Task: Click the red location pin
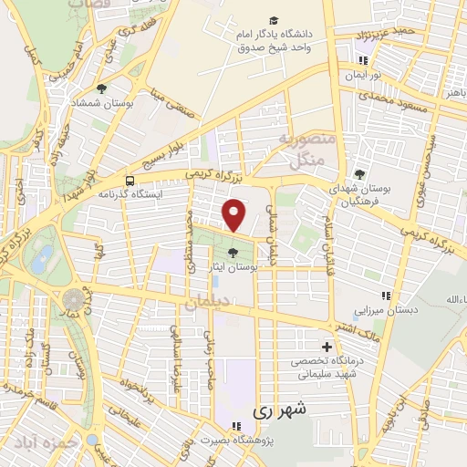pos(235,215)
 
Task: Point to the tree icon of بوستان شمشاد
pos(101,89)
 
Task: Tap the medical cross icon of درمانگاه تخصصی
pos(327,347)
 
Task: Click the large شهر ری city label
pos(275,410)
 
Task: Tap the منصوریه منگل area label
pos(306,150)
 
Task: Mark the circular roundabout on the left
pos(73,299)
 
